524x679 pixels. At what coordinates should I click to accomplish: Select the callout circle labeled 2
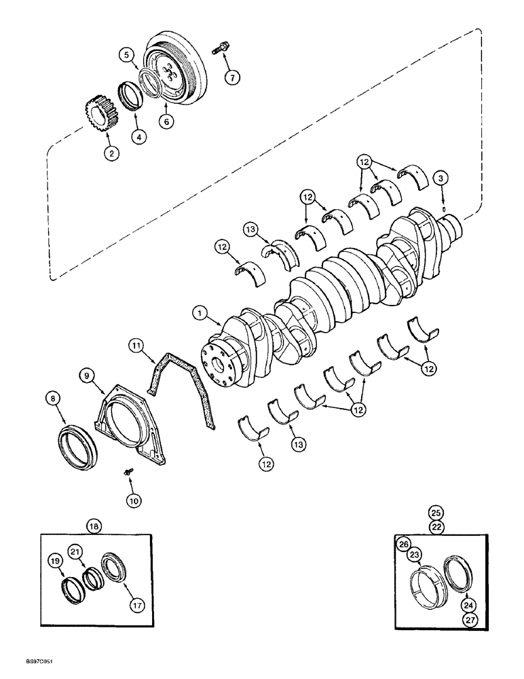pos(110,153)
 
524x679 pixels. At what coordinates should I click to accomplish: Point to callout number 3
pos(441,179)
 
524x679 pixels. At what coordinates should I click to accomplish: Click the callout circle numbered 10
pos(134,500)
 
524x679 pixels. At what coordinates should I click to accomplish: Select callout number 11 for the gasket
pos(138,348)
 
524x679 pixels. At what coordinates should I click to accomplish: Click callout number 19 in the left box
pos(55,560)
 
